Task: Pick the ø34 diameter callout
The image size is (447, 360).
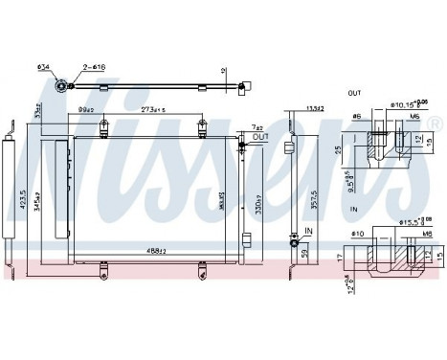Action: coord(43,69)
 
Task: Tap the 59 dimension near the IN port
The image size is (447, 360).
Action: coord(304,254)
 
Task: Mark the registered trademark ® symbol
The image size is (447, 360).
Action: coord(436,124)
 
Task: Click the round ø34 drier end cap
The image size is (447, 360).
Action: coord(60,86)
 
